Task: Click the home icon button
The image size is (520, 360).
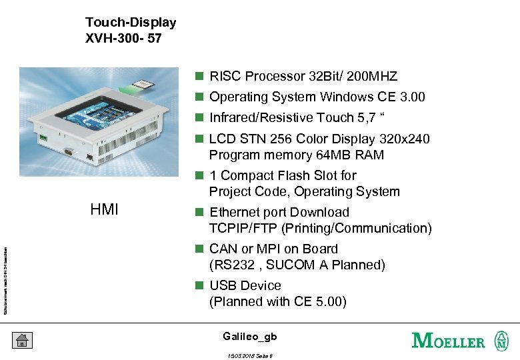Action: (21, 340)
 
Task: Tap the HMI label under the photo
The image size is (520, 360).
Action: (104, 210)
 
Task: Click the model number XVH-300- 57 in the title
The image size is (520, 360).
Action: (123, 39)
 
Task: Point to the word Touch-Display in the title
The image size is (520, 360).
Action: (131, 23)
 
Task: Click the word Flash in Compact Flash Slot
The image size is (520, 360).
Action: (301, 176)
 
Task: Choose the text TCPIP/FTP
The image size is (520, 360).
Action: (243, 229)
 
